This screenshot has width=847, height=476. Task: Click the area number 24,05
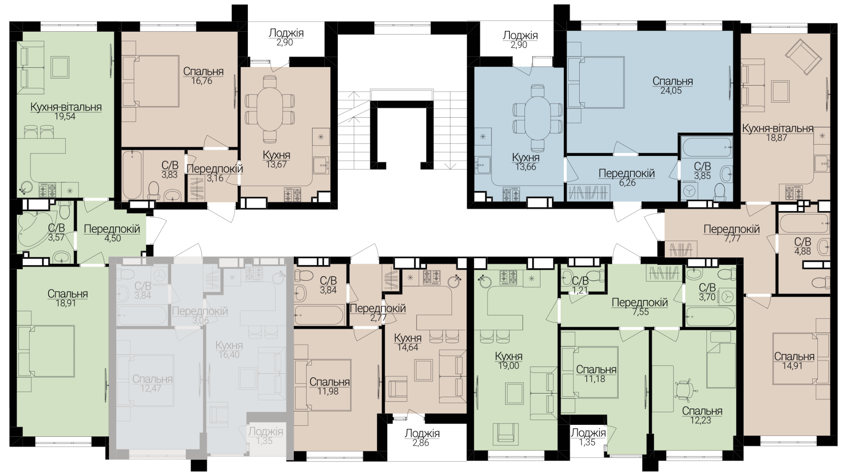(x=673, y=91)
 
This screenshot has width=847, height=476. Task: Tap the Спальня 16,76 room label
(x=203, y=76)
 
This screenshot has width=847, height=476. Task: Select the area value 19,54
(x=66, y=117)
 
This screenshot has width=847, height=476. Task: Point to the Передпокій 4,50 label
(x=112, y=234)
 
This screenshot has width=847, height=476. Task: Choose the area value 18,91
(x=67, y=303)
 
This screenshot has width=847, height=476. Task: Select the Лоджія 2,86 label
(x=422, y=438)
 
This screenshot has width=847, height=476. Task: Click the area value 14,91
(x=795, y=366)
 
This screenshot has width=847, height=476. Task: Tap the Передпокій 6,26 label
(x=626, y=178)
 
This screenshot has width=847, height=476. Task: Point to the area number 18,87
(x=777, y=138)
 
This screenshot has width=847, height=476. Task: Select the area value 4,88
(x=802, y=251)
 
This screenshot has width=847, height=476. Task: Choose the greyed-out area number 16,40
(x=229, y=354)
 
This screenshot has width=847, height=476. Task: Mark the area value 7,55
(x=640, y=312)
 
